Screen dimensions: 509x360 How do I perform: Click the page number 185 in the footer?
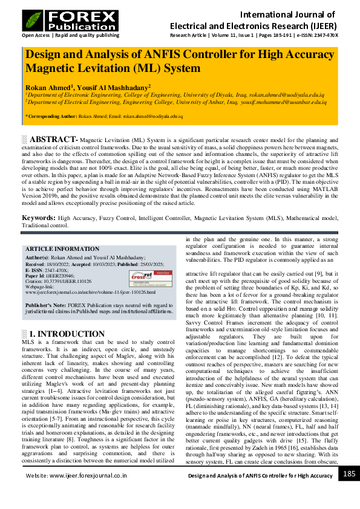pyautogui.click(x=349, y=475)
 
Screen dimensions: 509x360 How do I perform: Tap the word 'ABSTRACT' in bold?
pyautogui.click(x=53, y=140)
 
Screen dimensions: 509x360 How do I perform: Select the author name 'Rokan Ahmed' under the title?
pyautogui.click(x=47, y=86)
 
